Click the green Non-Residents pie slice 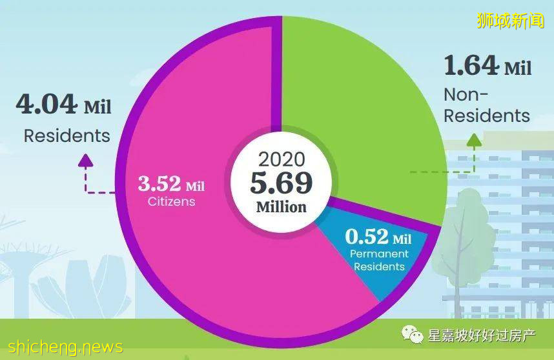coord(362,103)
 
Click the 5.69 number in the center coord(282,184)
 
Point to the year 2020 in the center coord(281,160)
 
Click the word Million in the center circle coord(282,208)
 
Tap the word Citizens coord(170,201)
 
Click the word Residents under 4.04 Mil coord(67,136)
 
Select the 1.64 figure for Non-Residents coord(471,65)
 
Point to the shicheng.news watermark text coord(61,346)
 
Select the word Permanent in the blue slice coord(379,254)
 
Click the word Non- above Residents coord(466,95)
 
